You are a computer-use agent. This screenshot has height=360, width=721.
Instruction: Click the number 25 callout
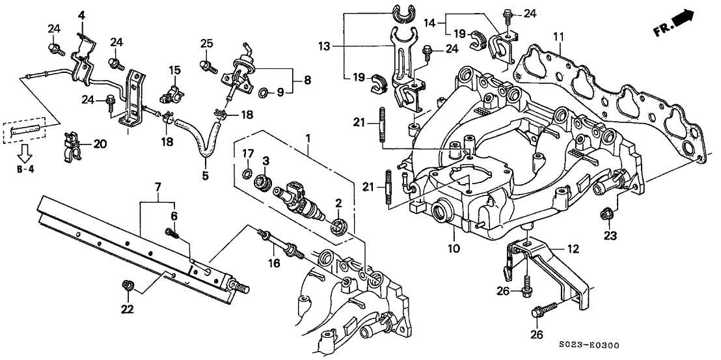[207, 43]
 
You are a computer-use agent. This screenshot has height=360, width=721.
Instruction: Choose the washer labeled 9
[264, 92]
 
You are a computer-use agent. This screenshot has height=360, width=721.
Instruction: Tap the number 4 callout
[82, 14]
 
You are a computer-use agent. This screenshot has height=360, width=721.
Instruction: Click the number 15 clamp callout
[174, 70]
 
